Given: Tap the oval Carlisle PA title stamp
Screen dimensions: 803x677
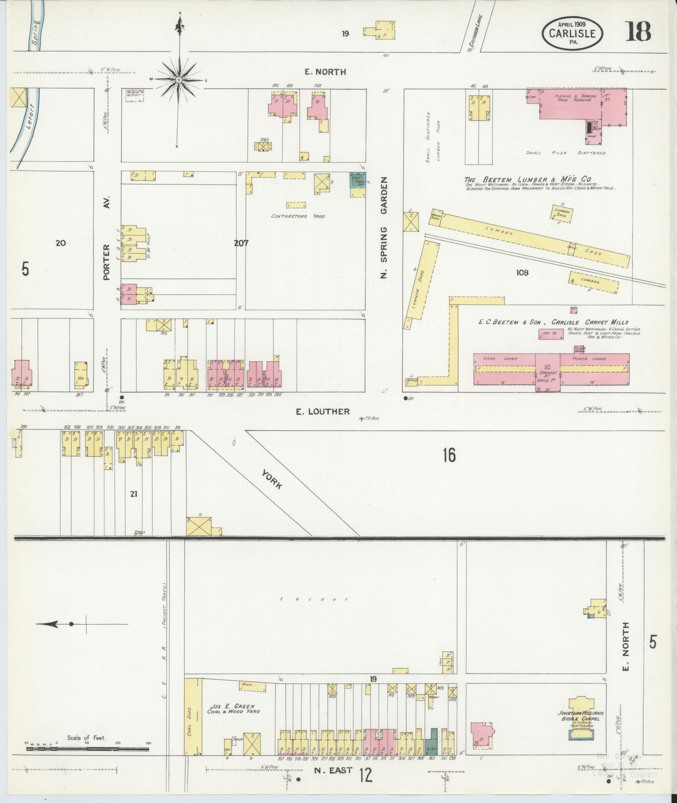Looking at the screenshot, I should point(572,33).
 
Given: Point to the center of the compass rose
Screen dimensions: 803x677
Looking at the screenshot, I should point(179,79).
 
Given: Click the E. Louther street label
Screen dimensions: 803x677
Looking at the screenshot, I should point(322,411).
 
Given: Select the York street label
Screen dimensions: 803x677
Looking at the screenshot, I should point(272,479).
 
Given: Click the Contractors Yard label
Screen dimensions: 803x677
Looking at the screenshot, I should point(298,217).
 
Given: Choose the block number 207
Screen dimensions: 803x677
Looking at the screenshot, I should point(241,243).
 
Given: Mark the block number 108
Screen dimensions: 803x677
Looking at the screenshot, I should point(522,273).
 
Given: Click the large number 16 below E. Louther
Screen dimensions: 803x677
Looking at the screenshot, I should point(449,455).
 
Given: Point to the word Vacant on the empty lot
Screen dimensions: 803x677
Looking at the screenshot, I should point(314,599).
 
